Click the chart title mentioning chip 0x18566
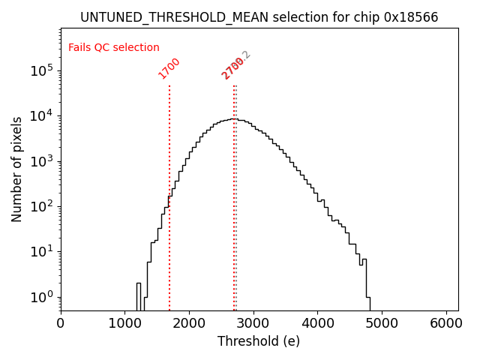(259, 17)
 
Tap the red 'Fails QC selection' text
(114, 47)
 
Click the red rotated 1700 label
(169, 68)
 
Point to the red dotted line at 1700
(169, 187)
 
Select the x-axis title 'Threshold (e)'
(259, 341)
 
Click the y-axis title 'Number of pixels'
(17, 169)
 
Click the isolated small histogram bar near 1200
(139, 296)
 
